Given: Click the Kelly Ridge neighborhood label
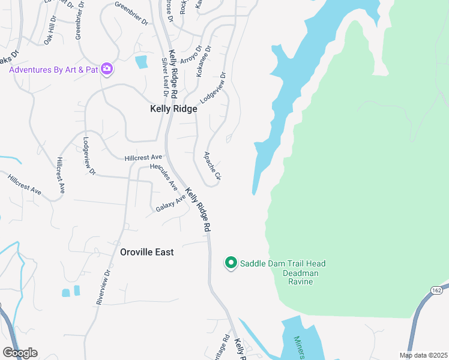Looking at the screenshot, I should (173, 109).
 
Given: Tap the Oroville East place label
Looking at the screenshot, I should (146, 252).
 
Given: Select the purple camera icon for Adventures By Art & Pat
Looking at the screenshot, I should (107, 70).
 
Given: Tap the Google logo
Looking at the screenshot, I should (20, 353).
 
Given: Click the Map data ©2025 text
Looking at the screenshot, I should (423, 355).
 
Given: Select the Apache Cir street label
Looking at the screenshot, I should (212, 166).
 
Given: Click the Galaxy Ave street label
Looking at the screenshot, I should (170, 203).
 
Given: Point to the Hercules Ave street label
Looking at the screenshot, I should (163, 175).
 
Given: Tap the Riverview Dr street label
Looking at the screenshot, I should (103, 287).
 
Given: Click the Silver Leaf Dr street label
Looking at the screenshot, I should (163, 77).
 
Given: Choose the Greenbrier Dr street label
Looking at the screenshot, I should (131, 15).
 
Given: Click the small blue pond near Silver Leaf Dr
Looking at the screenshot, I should (142, 62).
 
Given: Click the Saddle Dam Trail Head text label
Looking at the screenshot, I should (283, 263).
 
